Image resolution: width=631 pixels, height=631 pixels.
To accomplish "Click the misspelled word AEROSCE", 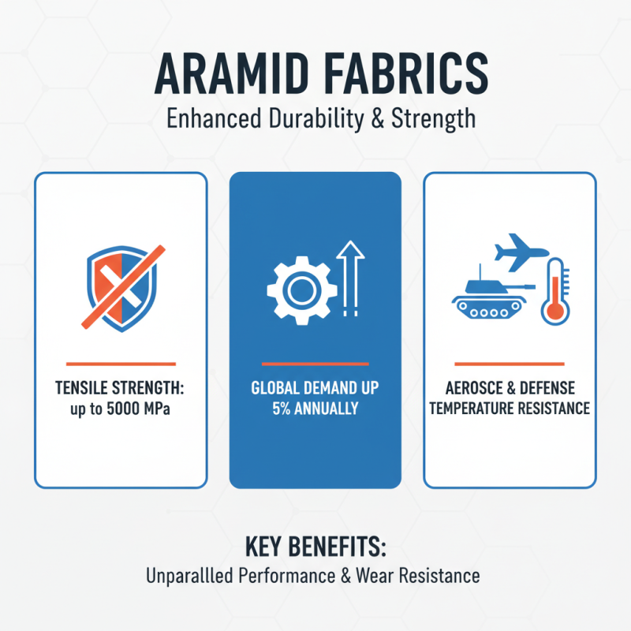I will click(x=478, y=388).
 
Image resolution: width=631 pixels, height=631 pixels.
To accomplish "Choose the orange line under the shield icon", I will click(x=121, y=364).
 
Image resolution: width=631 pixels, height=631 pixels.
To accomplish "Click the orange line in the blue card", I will click(x=315, y=364).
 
